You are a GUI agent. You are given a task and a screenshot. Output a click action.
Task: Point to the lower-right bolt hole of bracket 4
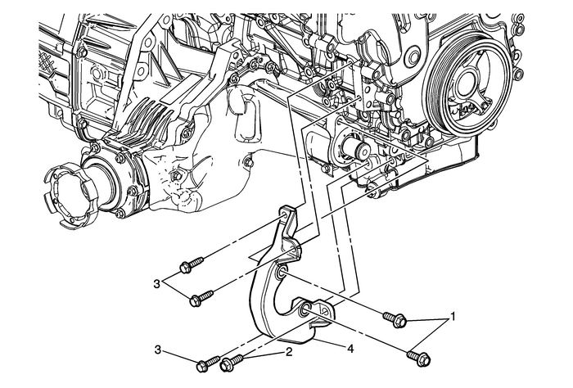[305, 309]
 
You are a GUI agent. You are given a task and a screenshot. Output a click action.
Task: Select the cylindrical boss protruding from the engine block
[356, 150]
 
